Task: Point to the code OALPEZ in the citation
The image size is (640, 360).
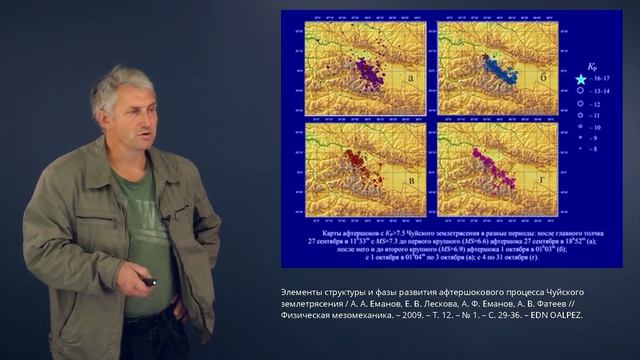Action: click(567, 316)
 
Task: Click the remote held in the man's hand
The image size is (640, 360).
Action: click(150, 282)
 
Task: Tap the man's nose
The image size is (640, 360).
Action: click(146, 113)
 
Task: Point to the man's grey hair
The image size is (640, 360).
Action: click(115, 85)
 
